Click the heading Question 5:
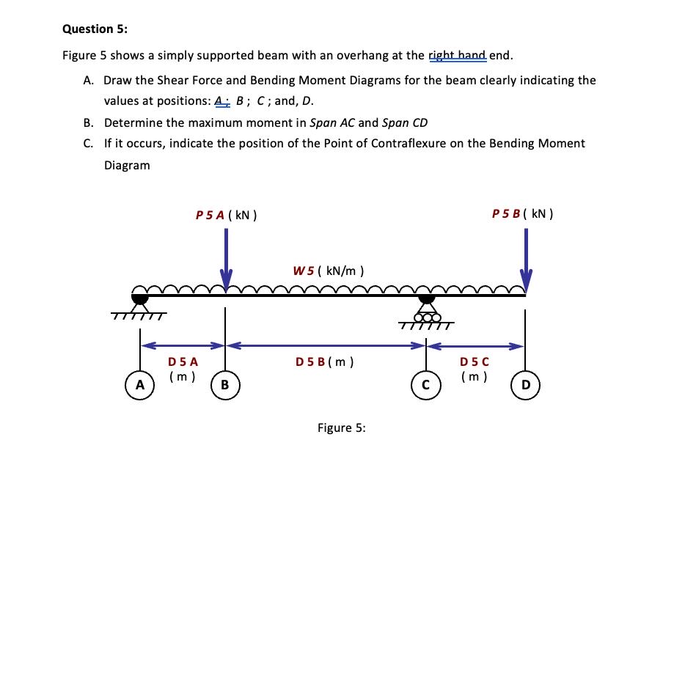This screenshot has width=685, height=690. [95, 29]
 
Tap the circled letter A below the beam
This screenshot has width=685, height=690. [139, 383]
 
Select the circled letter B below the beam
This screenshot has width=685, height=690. [225, 383]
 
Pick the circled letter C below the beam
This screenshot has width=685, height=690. [425, 383]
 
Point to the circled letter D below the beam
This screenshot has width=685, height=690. [525, 383]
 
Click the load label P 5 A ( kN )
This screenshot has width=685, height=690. [225, 216]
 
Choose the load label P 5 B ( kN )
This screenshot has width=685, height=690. [523, 214]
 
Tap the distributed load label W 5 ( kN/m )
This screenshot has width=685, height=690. [328, 271]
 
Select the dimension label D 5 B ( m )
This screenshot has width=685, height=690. [325, 361]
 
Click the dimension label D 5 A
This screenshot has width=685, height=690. [183, 361]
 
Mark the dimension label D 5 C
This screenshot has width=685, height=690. [475, 361]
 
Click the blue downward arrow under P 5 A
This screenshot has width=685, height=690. [226, 257]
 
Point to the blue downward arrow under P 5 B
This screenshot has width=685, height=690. [526, 257]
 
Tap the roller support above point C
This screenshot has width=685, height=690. [426, 312]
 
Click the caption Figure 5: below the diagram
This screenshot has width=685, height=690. [341, 427]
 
